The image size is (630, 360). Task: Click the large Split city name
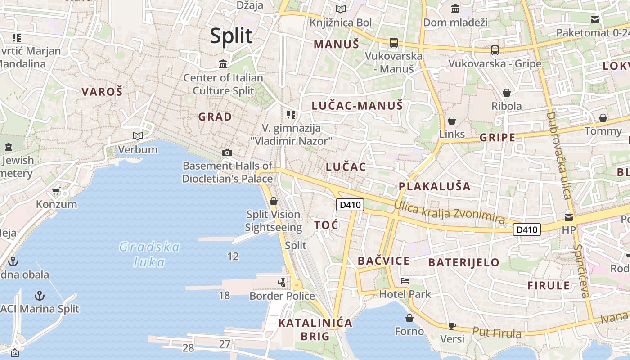pos(231,36)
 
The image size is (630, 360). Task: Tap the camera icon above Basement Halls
pos(227,153)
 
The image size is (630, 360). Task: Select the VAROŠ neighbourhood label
pos(102,92)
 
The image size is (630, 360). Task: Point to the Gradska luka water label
pos(149,254)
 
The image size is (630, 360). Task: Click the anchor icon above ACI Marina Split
pos(40,296)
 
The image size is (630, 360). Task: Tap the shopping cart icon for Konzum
pos(56,191)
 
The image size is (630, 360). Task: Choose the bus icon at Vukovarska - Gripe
pos(495,50)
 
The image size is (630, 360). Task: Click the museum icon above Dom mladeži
pos(455,9)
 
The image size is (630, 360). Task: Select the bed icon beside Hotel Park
pos(405,281)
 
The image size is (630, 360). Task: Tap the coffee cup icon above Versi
pos(452,326)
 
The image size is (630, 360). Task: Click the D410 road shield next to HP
pos(527,230)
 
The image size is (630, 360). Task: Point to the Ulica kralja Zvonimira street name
pos(449,211)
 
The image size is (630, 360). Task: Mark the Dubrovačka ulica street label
pos(558,155)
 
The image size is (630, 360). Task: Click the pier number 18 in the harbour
pos(224,296)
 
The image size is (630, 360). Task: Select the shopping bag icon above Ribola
pos(507,93)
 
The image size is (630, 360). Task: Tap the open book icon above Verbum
pos(138,136)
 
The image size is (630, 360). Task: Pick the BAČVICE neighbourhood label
pos(384,261)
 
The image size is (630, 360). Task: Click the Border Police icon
pos(282,283)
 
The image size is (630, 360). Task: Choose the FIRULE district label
pos(549,286)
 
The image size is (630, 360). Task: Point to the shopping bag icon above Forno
pos(409,319)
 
